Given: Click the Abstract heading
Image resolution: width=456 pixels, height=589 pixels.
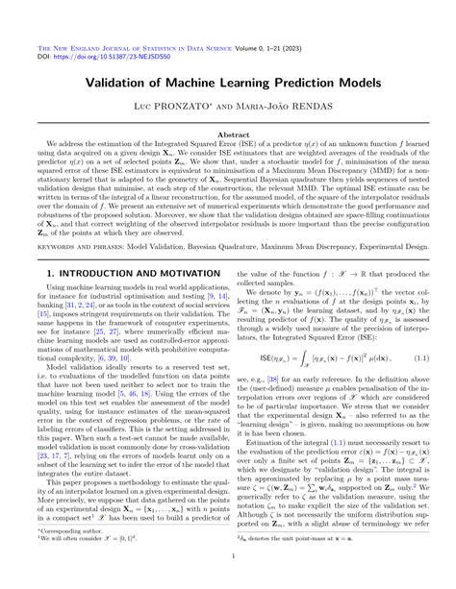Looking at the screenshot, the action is click(227, 136).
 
